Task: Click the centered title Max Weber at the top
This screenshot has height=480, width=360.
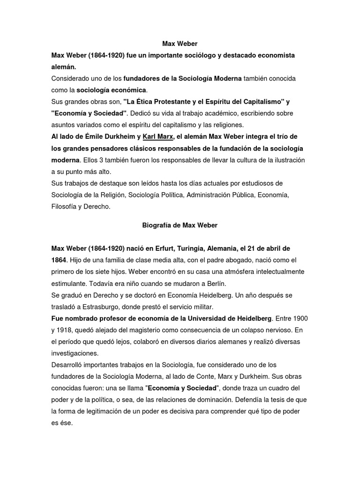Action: point(180,44)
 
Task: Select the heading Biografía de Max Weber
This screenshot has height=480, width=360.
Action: point(180,225)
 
